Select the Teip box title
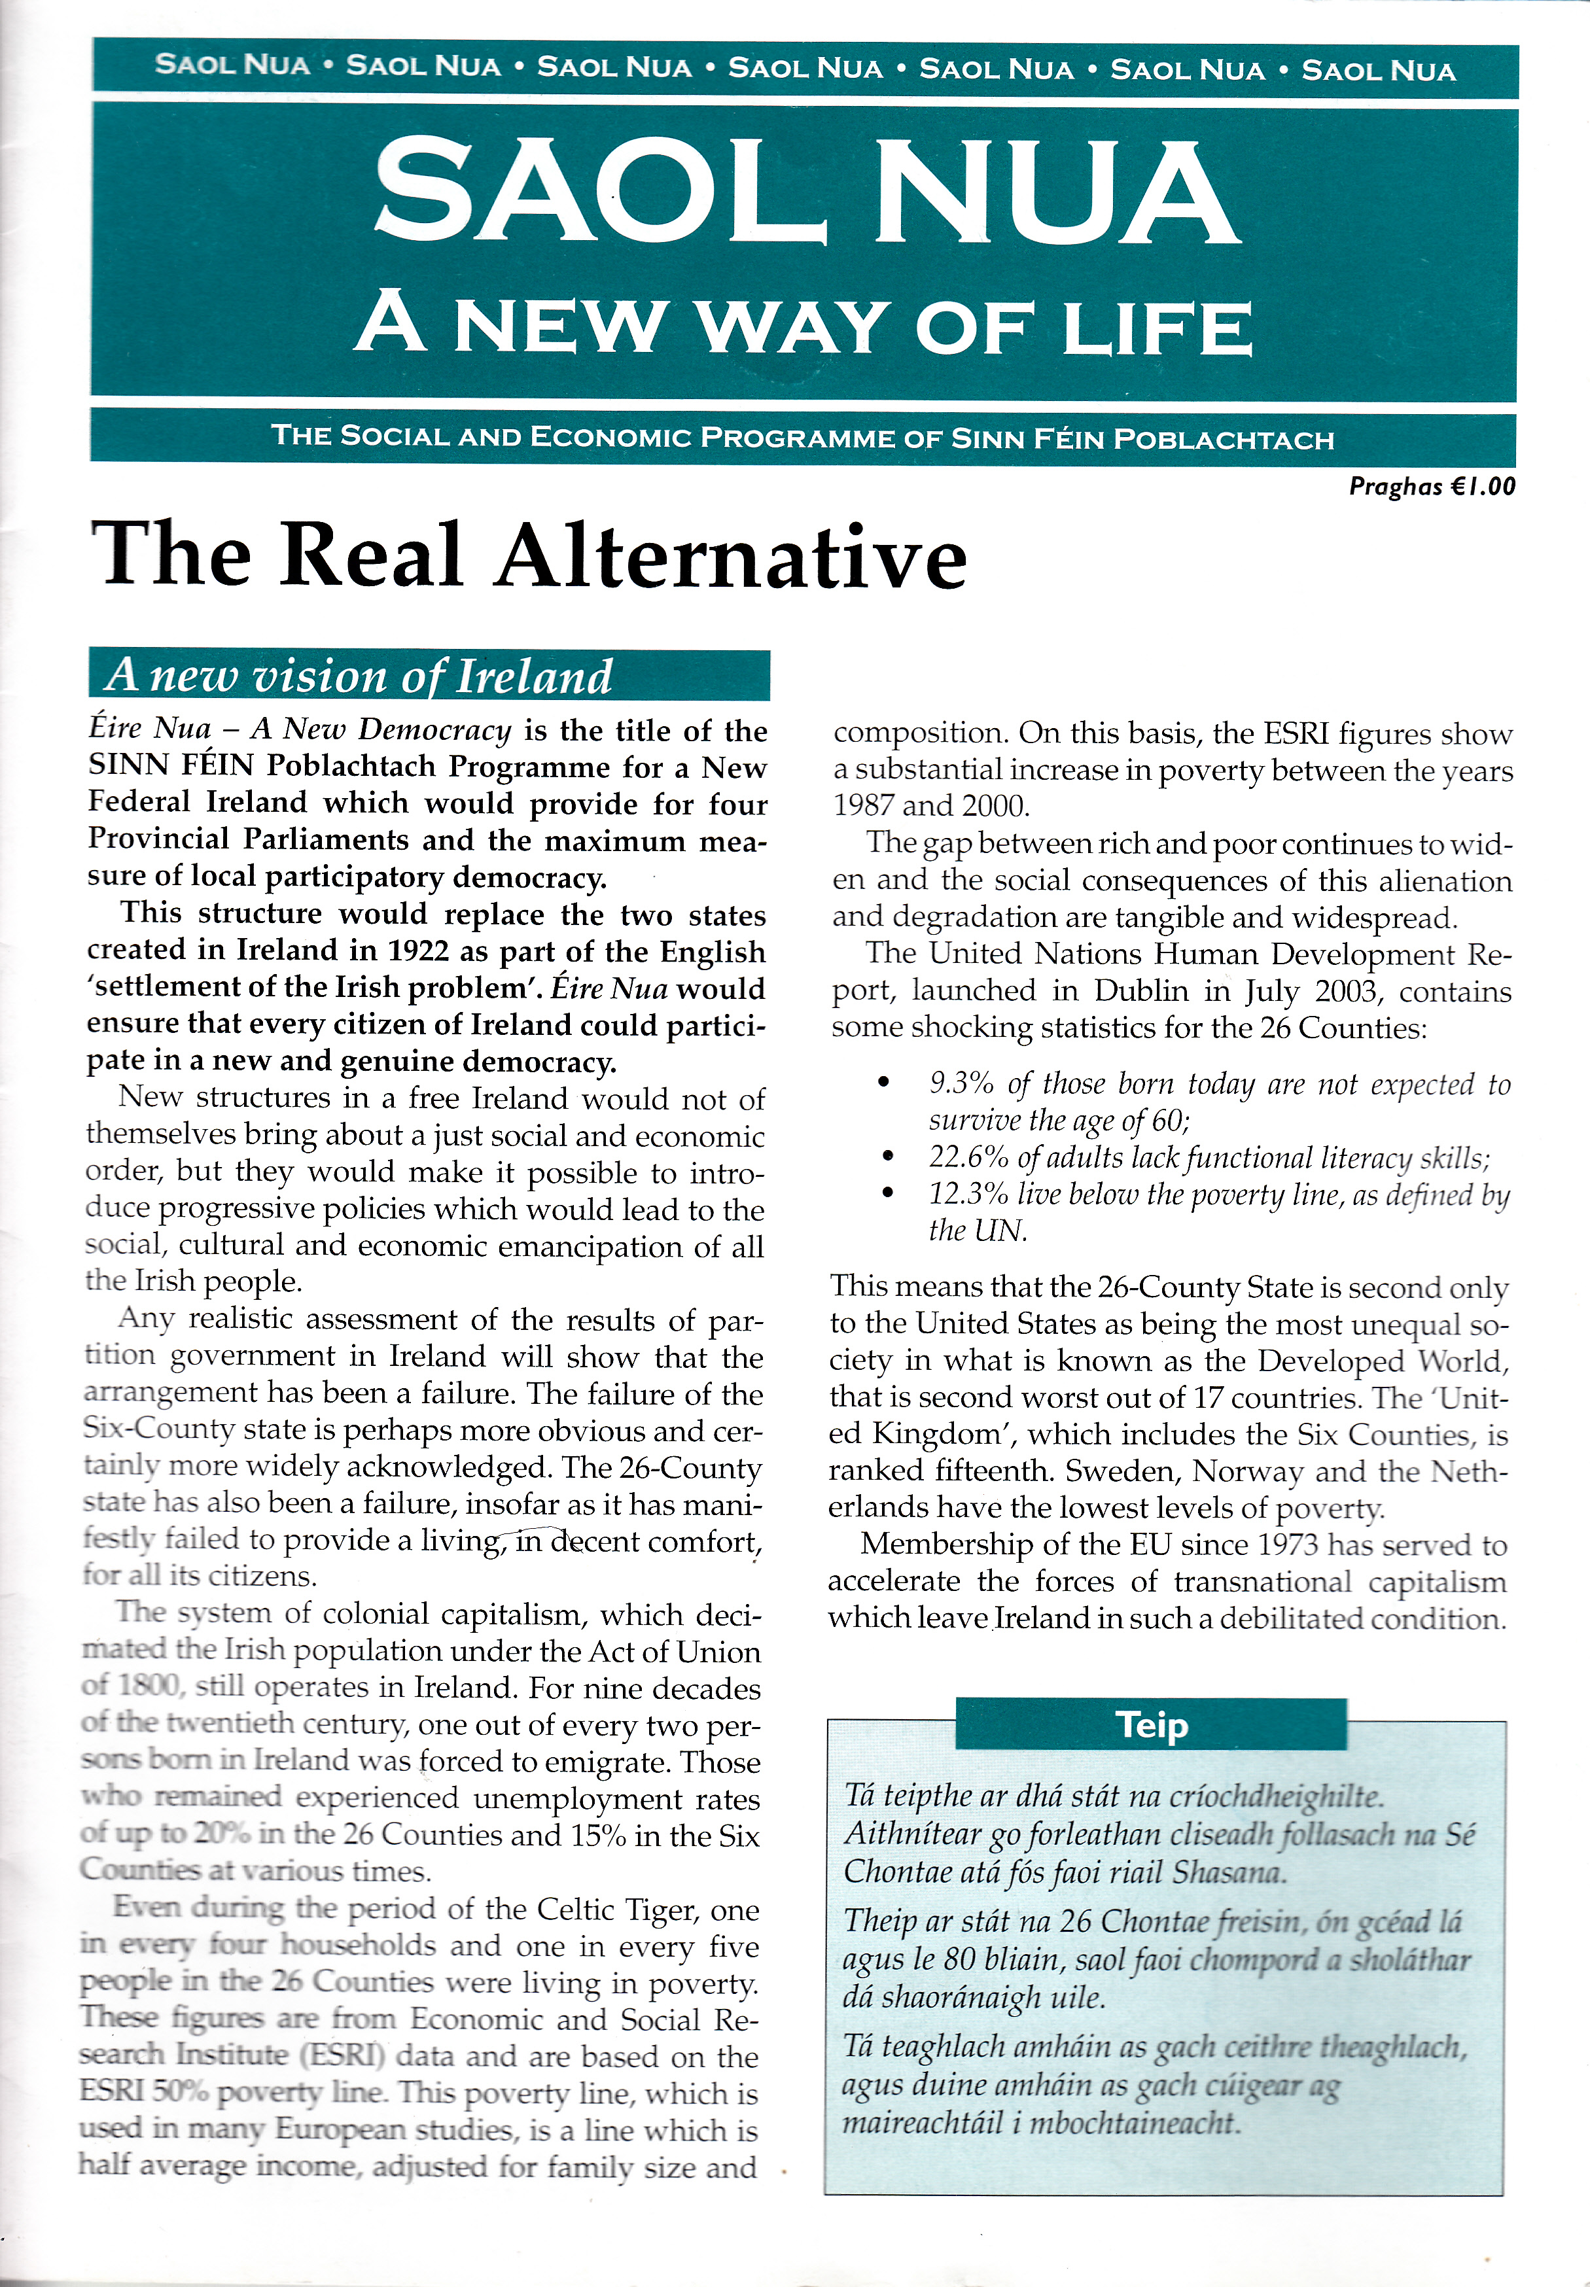tap(1151, 1724)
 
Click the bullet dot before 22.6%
tap(887, 1157)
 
